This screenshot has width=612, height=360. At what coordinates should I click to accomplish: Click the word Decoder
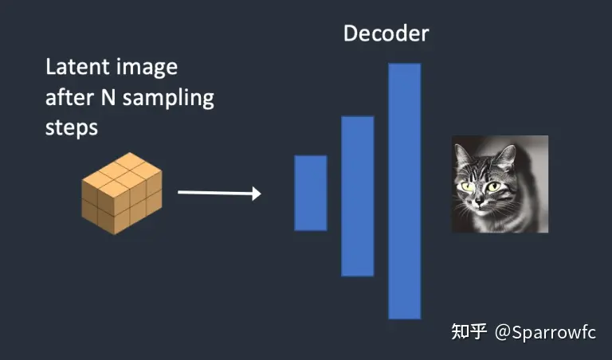click(386, 33)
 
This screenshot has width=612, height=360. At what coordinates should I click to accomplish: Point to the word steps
click(72, 127)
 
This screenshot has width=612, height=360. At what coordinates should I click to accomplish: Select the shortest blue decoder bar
click(311, 193)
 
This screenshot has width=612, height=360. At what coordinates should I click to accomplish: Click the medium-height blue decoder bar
click(358, 196)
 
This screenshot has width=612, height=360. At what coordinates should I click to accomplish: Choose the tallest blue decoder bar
click(405, 191)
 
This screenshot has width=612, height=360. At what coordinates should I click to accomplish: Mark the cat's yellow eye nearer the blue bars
click(466, 186)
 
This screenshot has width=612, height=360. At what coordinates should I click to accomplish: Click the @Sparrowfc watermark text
click(545, 331)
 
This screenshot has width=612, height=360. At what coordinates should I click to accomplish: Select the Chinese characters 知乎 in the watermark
click(469, 331)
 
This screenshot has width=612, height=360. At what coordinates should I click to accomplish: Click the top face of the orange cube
click(121, 170)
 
